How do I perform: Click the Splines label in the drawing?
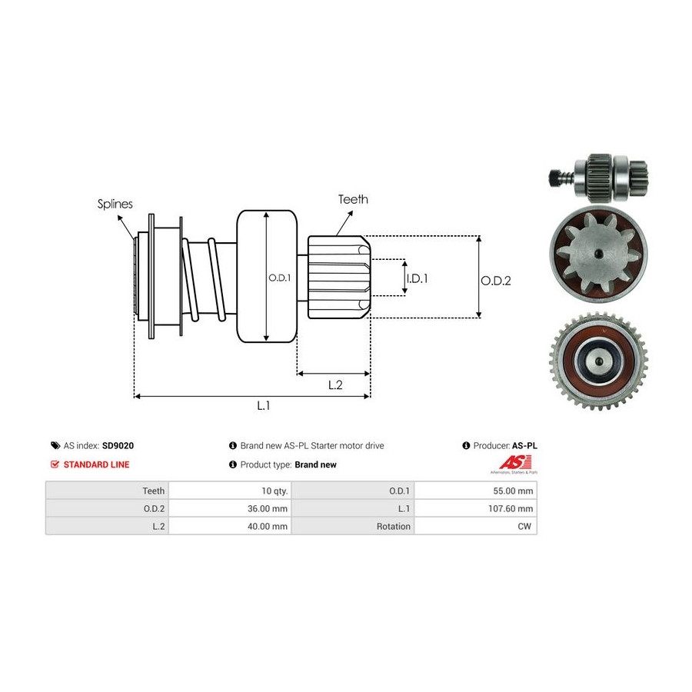115,204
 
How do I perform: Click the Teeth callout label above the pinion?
353,199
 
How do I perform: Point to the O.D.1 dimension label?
279,278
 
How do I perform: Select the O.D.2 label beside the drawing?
496,281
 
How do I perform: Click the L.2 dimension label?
334,385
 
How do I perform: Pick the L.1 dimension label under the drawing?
263,406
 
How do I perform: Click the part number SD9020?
118,445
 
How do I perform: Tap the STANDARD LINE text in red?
96,464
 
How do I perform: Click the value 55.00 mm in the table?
514,490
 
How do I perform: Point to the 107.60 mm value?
512,508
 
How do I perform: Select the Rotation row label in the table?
394,527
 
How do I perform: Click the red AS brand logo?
509,462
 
